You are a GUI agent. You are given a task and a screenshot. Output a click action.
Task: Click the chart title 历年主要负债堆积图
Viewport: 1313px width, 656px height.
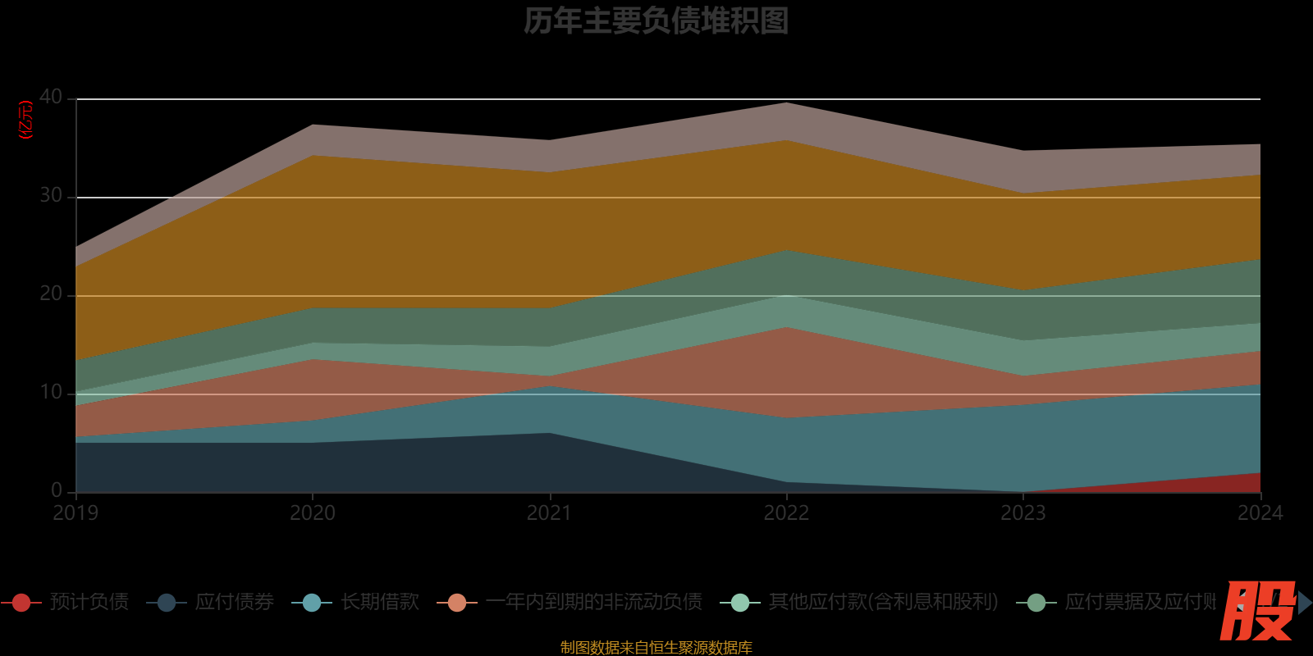(656, 21)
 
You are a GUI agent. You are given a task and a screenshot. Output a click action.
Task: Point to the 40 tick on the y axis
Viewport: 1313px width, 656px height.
(51, 98)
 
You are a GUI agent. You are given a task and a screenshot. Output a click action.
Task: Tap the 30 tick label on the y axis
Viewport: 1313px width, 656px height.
(51, 196)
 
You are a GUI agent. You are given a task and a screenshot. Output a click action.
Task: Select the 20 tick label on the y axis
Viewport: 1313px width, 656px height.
(51, 294)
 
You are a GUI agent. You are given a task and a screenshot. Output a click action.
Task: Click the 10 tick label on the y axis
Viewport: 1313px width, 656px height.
(51, 393)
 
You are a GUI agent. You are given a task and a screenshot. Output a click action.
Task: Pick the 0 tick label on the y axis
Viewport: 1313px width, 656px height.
(57, 490)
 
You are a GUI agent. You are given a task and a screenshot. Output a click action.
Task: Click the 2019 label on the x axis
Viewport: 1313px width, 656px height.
(75, 513)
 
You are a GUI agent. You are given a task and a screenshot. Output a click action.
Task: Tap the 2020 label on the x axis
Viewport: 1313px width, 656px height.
(313, 513)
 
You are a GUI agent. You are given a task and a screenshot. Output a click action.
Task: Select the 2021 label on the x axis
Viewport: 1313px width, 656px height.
(549, 513)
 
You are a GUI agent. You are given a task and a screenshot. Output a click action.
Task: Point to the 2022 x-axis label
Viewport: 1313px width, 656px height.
(786, 513)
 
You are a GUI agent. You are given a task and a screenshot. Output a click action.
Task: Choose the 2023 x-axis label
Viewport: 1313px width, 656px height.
(1023, 513)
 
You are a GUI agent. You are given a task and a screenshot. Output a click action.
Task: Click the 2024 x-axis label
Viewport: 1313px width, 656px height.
(1260, 513)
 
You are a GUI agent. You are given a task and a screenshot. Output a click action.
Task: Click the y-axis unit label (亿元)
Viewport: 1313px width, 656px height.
(26, 120)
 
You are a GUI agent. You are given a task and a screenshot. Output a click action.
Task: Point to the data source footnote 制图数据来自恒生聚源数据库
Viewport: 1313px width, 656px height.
(656, 648)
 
